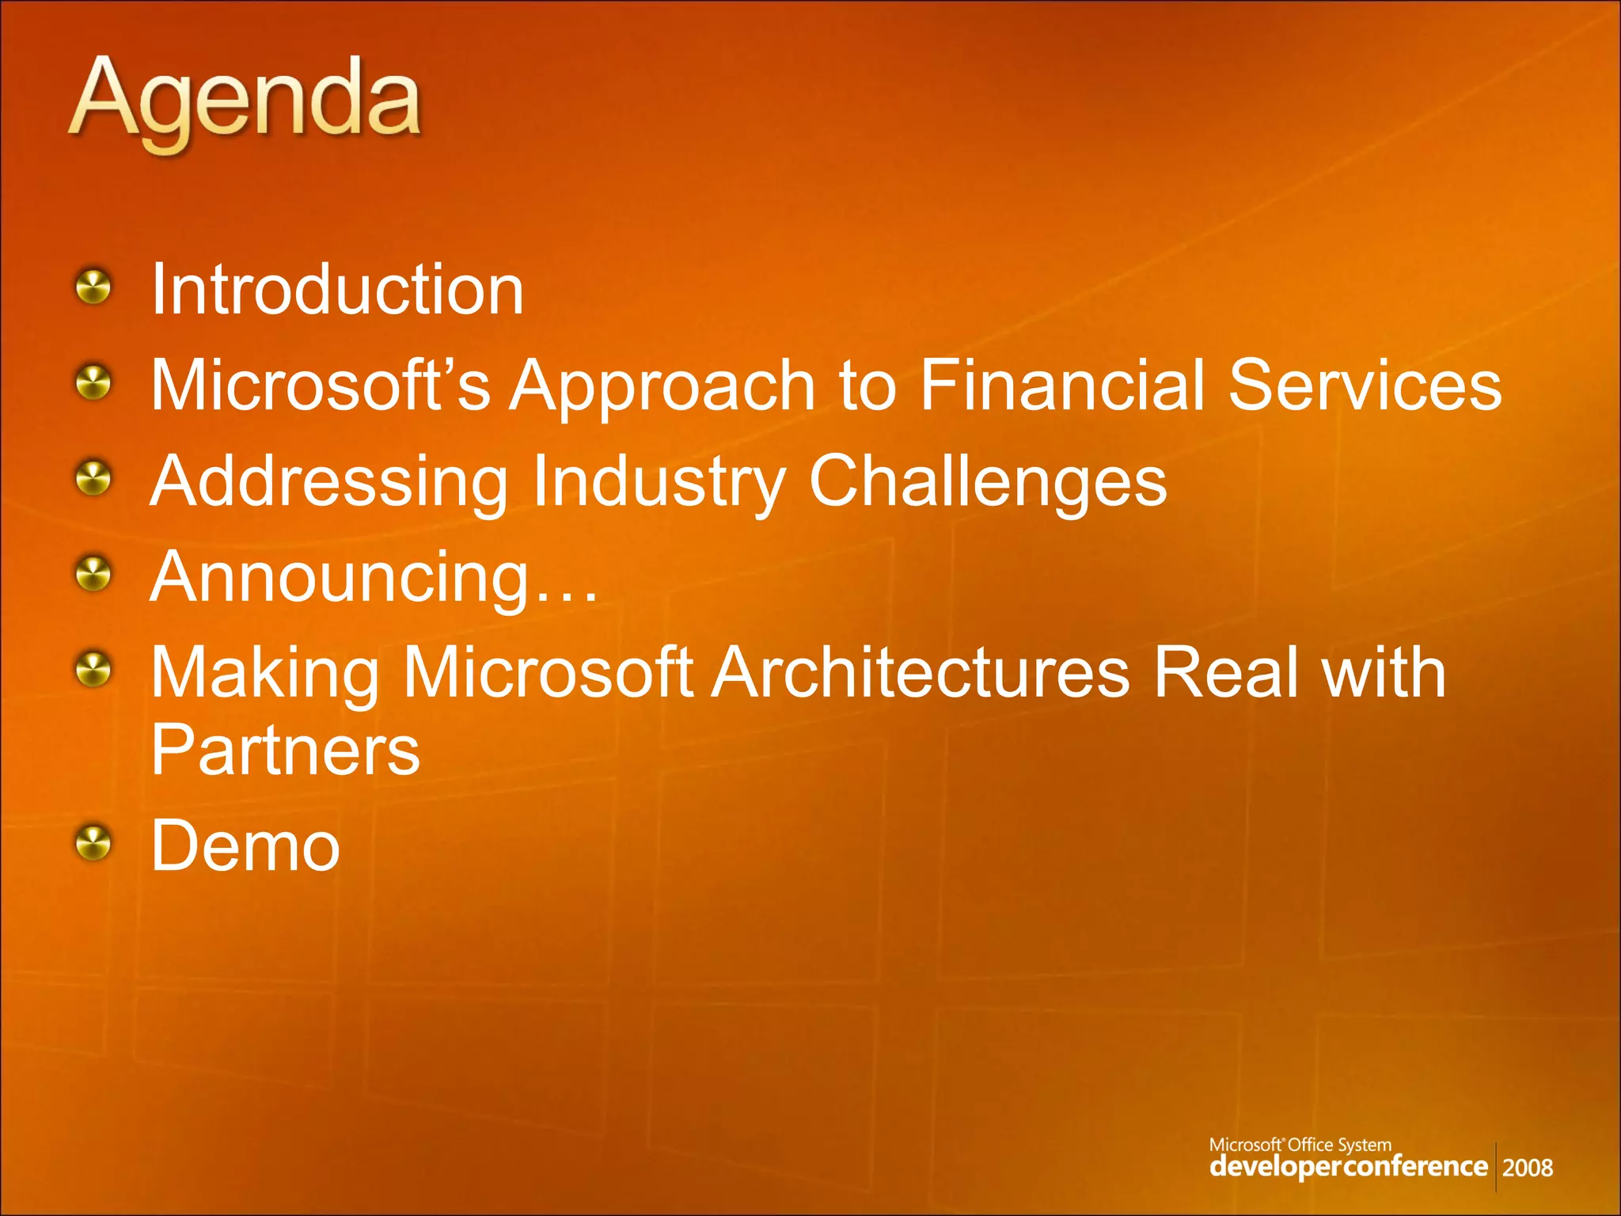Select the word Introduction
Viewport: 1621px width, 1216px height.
click(x=337, y=290)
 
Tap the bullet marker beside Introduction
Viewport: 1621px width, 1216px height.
click(x=94, y=287)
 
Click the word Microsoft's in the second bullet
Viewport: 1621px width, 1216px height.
click(x=320, y=386)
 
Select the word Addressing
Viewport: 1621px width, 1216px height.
click(x=329, y=483)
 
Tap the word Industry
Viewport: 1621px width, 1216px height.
click(x=659, y=483)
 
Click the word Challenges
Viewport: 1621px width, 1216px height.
click(x=987, y=483)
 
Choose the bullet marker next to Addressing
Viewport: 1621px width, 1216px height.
click(x=94, y=478)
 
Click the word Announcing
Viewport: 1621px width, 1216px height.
click(x=340, y=579)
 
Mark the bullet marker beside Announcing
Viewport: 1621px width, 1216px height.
click(x=94, y=574)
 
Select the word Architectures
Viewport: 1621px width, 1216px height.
click(x=921, y=673)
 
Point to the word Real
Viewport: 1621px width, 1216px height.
click(x=1226, y=673)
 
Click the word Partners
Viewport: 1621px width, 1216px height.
click(x=286, y=750)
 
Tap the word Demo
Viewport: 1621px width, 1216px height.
click(x=245, y=846)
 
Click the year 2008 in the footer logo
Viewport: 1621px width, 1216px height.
click(x=1527, y=1168)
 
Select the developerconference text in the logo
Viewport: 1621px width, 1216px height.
click(x=1348, y=1166)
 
